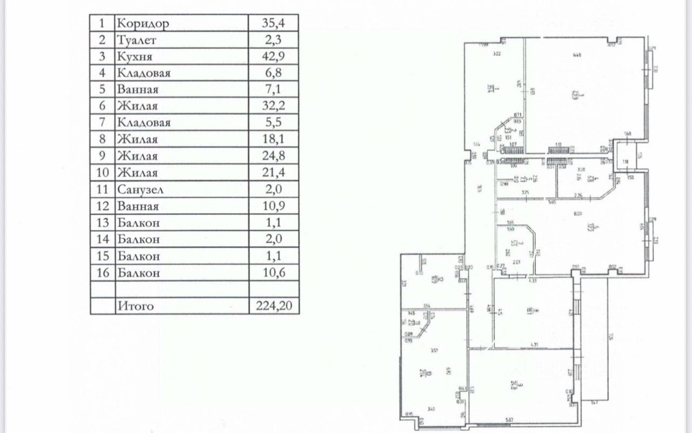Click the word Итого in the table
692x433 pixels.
click(x=135, y=306)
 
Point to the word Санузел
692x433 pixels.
click(x=139, y=189)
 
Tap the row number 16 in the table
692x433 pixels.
click(x=102, y=273)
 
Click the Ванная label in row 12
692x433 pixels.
click(x=137, y=206)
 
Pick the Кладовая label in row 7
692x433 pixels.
click(x=143, y=123)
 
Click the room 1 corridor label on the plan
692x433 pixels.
click(x=488, y=88)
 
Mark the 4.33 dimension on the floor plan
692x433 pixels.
click(x=533, y=280)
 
